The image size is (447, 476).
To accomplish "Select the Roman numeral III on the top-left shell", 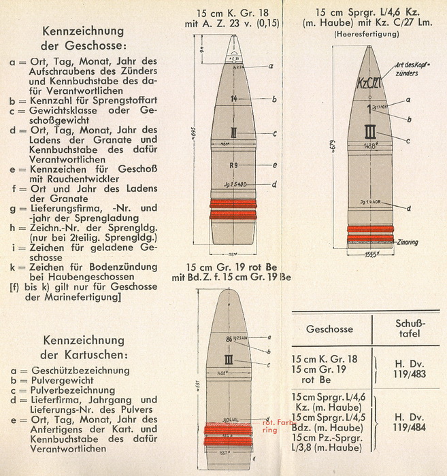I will [234, 133].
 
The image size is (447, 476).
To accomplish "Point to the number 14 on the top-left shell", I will [233, 99].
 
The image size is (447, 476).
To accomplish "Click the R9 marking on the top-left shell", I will [233, 165].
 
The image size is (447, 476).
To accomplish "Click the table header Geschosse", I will [329, 329].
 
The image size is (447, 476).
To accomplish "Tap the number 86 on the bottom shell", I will [230, 338].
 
